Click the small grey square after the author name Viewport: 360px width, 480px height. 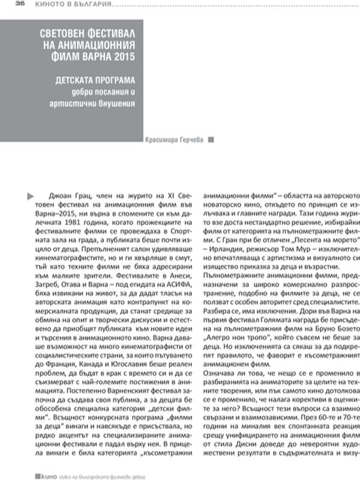click(x=210, y=140)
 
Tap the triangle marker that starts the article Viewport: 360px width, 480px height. click(x=32, y=195)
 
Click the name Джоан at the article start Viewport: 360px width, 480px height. click(x=57, y=195)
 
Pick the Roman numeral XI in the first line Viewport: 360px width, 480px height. click(x=168, y=195)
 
